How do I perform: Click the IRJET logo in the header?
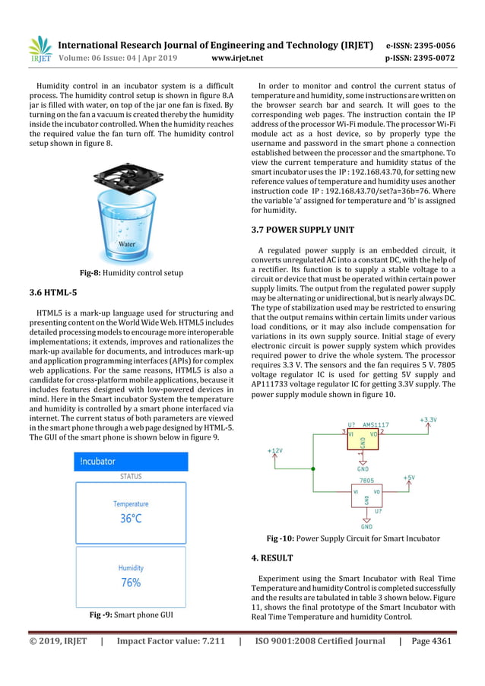[39, 49]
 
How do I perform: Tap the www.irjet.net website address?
[238, 57]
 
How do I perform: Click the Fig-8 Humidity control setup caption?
[131, 272]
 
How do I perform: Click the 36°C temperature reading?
[131, 519]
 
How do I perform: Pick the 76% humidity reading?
[131, 583]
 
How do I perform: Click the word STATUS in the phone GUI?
[131, 477]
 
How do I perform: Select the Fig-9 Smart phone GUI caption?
[131, 614]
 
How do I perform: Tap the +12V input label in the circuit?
[274, 450]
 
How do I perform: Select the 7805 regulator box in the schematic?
[366, 494]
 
